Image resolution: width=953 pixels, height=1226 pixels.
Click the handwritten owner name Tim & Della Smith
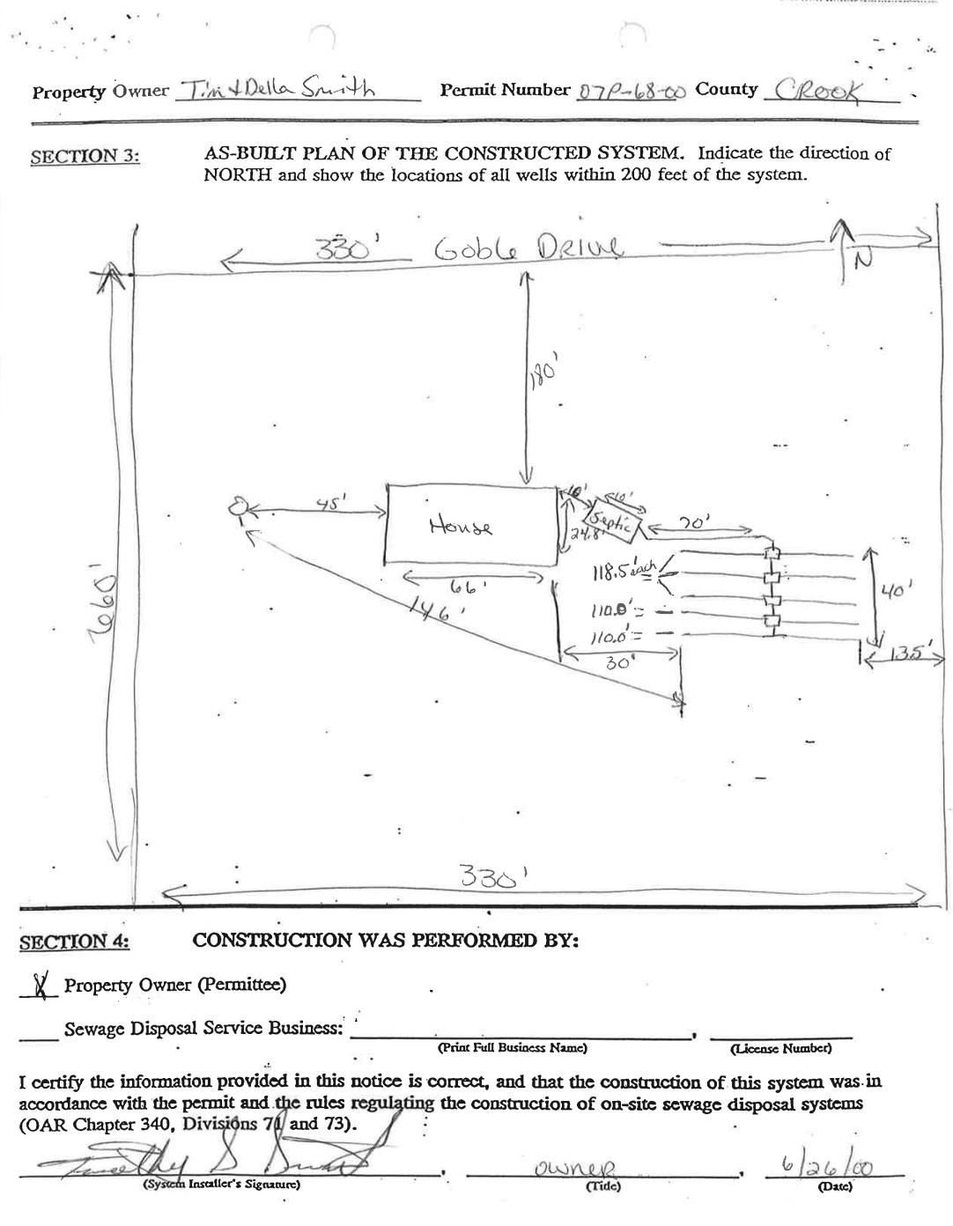point(277,89)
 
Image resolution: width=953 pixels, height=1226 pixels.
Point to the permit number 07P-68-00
point(630,91)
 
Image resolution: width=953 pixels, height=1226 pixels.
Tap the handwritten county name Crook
point(816,89)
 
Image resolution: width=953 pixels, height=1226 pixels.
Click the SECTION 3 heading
point(85,157)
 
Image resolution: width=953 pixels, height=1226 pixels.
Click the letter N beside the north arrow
point(863,262)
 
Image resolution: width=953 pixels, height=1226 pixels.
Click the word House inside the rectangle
point(461,526)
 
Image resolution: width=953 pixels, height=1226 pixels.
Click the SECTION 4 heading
point(75,942)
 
